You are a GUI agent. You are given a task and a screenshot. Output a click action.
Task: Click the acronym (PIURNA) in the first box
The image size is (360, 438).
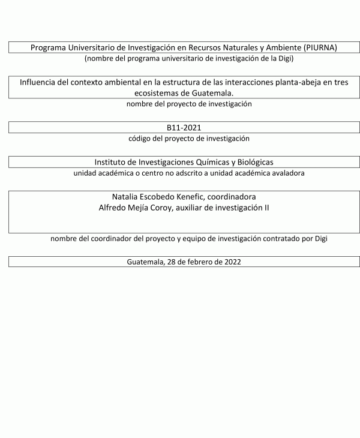[320, 47]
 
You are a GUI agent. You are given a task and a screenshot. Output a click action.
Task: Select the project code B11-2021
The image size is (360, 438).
[184, 128]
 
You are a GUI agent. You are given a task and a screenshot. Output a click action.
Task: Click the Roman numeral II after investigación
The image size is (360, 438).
[266, 208]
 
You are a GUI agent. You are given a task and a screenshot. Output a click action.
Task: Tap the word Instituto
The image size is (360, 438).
[112, 163]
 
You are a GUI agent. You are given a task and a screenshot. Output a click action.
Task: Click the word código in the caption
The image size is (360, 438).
[142, 139]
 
